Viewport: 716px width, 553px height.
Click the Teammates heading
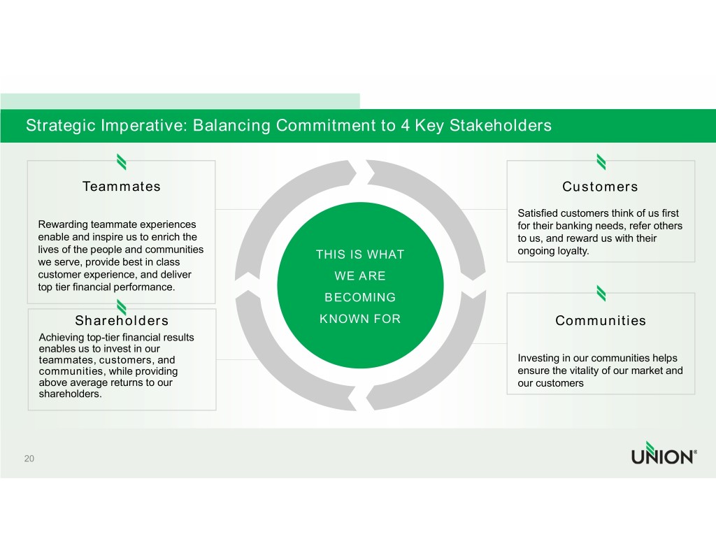[121, 187]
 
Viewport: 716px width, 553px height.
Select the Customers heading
[600, 187]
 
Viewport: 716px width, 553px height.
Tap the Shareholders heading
[122, 321]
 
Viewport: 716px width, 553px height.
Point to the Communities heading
[600, 321]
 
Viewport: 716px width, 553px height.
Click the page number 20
[29, 459]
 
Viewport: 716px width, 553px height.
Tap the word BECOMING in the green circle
[359, 298]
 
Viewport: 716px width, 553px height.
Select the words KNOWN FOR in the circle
[359, 319]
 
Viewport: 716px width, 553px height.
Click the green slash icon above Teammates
[122, 161]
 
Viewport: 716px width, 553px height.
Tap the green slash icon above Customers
[601, 161]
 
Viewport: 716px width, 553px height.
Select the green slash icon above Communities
[601, 294]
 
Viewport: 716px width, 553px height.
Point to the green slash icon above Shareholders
[122, 307]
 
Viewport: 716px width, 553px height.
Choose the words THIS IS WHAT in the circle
[359, 254]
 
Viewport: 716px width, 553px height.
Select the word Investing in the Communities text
[538, 359]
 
